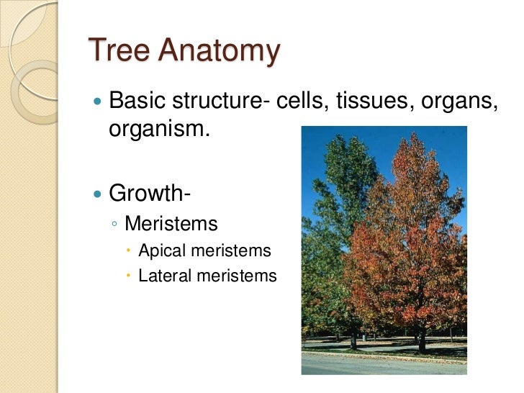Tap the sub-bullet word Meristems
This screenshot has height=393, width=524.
pyautogui.click(x=171, y=224)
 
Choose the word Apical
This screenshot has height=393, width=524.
pyautogui.click(x=160, y=250)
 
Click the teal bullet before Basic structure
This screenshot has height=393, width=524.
pyautogui.click(x=98, y=102)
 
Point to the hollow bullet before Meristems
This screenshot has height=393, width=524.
pyautogui.click(x=115, y=225)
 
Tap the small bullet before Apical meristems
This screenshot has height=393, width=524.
pyautogui.click(x=129, y=251)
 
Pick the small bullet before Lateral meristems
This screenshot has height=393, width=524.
pyautogui.click(x=129, y=276)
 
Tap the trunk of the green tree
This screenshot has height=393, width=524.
pyautogui.click(x=353, y=339)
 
